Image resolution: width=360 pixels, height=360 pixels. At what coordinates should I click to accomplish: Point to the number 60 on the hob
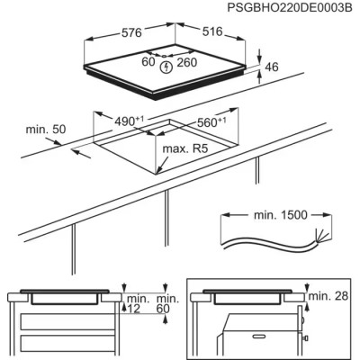[149, 63]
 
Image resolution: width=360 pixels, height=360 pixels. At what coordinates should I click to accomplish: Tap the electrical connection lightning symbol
[166, 67]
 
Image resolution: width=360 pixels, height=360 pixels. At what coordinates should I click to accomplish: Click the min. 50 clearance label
[48, 130]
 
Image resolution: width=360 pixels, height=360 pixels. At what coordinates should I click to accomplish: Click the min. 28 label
[328, 296]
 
